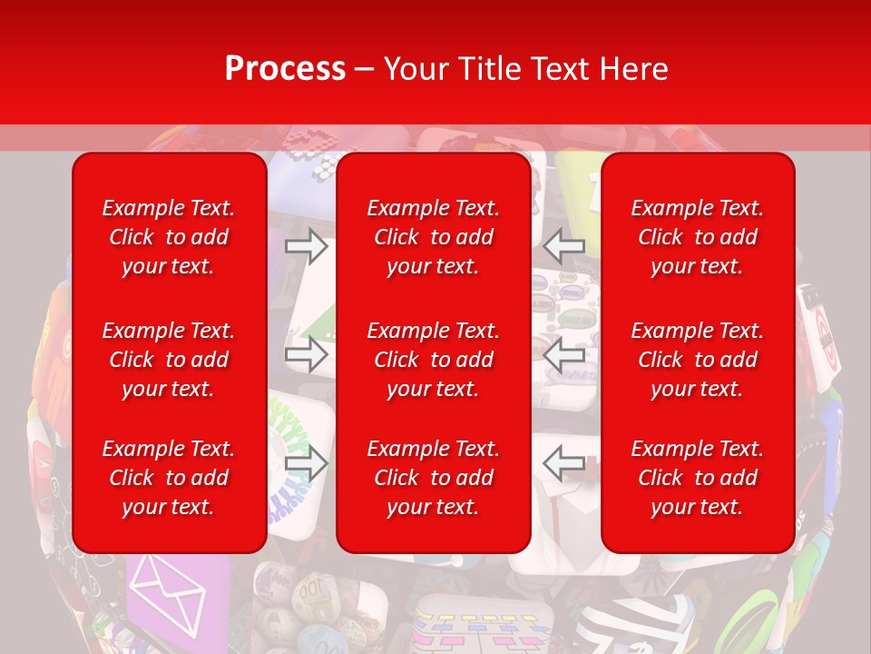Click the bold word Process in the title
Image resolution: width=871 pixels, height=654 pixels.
click(285, 69)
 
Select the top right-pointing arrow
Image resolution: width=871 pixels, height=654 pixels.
click(307, 246)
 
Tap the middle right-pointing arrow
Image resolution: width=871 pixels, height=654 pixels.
click(307, 354)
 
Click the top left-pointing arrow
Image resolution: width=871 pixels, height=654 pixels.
click(563, 246)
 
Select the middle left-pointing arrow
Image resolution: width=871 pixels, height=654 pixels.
click(563, 354)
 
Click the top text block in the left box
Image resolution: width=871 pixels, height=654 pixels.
click(169, 237)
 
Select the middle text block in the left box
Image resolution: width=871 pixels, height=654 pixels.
click(169, 360)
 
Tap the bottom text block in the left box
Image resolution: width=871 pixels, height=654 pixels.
click(169, 478)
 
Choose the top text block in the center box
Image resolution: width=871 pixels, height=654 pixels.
click(433, 237)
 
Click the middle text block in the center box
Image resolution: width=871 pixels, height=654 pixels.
click(433, 360)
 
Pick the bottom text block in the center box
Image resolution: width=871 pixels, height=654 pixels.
click(433, 478)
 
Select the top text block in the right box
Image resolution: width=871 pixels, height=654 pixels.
click(697, 237)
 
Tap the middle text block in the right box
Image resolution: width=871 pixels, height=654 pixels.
click(697, 360)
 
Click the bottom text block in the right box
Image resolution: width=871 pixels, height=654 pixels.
click(697, 478)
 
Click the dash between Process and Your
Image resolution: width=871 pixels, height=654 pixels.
click(365, 70)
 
